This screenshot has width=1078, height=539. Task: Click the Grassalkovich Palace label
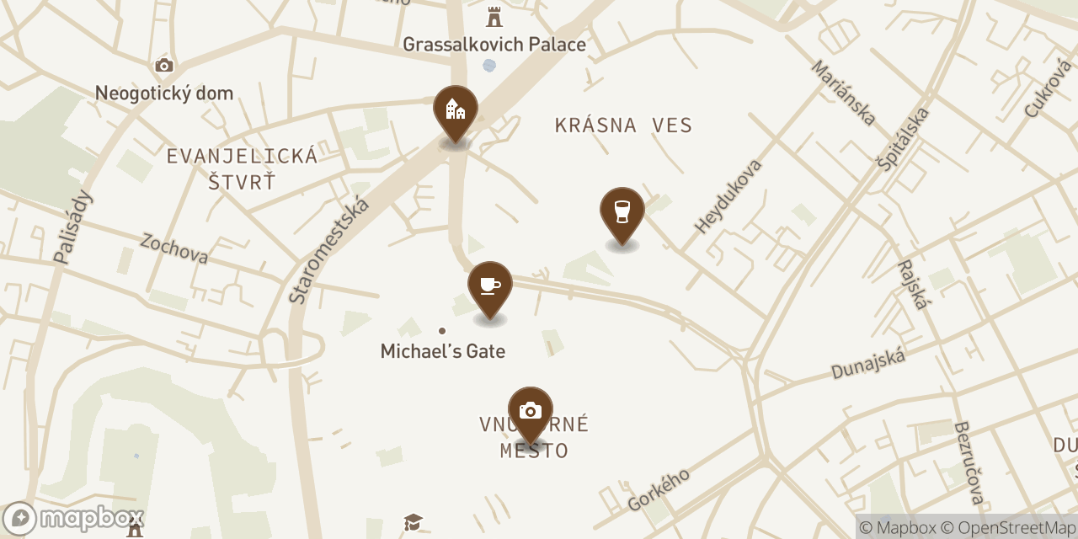pyautogui.click(x=494, y=44)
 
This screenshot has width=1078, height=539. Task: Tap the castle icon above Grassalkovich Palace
pyautogui.click(x=494, y=17)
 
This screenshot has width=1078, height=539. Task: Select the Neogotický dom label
pyautogui.click(x=164, y=93)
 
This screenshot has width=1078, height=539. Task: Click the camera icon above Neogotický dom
pyautogui.click(x=164, y=66)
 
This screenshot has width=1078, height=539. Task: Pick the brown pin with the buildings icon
pyautogui.click(x=456, y=110)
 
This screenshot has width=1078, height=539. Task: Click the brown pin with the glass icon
pyautogui.click(x=622, y=212)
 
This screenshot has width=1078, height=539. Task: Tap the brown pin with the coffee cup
pyautogui.click(x=490, y=286)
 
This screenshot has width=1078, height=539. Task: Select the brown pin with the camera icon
pyautogui.click(x=531, y=411)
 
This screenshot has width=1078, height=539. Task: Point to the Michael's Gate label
pyautogui.click(x=443, y=351)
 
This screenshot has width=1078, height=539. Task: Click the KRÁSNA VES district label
pyautogui.click(x=623, y=126)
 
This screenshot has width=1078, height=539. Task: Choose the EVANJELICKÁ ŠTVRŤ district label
pyautogui.click(x=242, y=168)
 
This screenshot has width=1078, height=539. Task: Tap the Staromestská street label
pyautogui.click(x=329, y=249)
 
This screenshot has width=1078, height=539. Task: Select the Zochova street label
pyautogui.click(x=174, y=248)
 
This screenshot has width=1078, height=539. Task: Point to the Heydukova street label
pyautogui.click(x=728, y=195)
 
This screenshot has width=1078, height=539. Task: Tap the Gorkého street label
pyautogui.click(x=659, y=489)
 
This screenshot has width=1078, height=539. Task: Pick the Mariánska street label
pyautogui.click(x=843, y=93)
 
